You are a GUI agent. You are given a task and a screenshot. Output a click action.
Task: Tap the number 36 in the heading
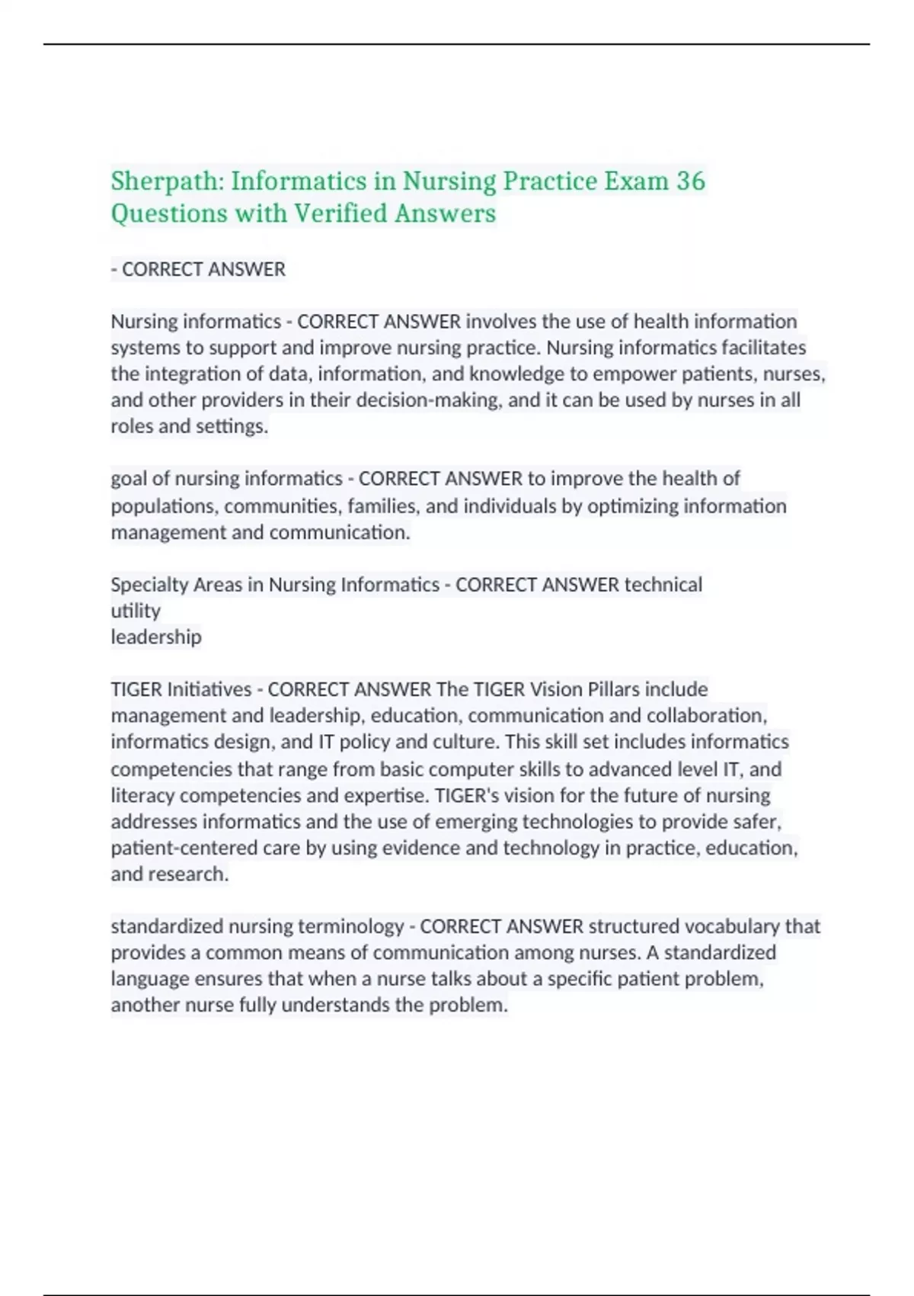pos(690,181)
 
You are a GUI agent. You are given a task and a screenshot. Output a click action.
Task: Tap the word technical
pos(663,585)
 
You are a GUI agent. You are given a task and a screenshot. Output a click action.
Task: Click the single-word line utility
pos(136,611)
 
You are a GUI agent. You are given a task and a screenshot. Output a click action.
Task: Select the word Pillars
pos(613,689)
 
